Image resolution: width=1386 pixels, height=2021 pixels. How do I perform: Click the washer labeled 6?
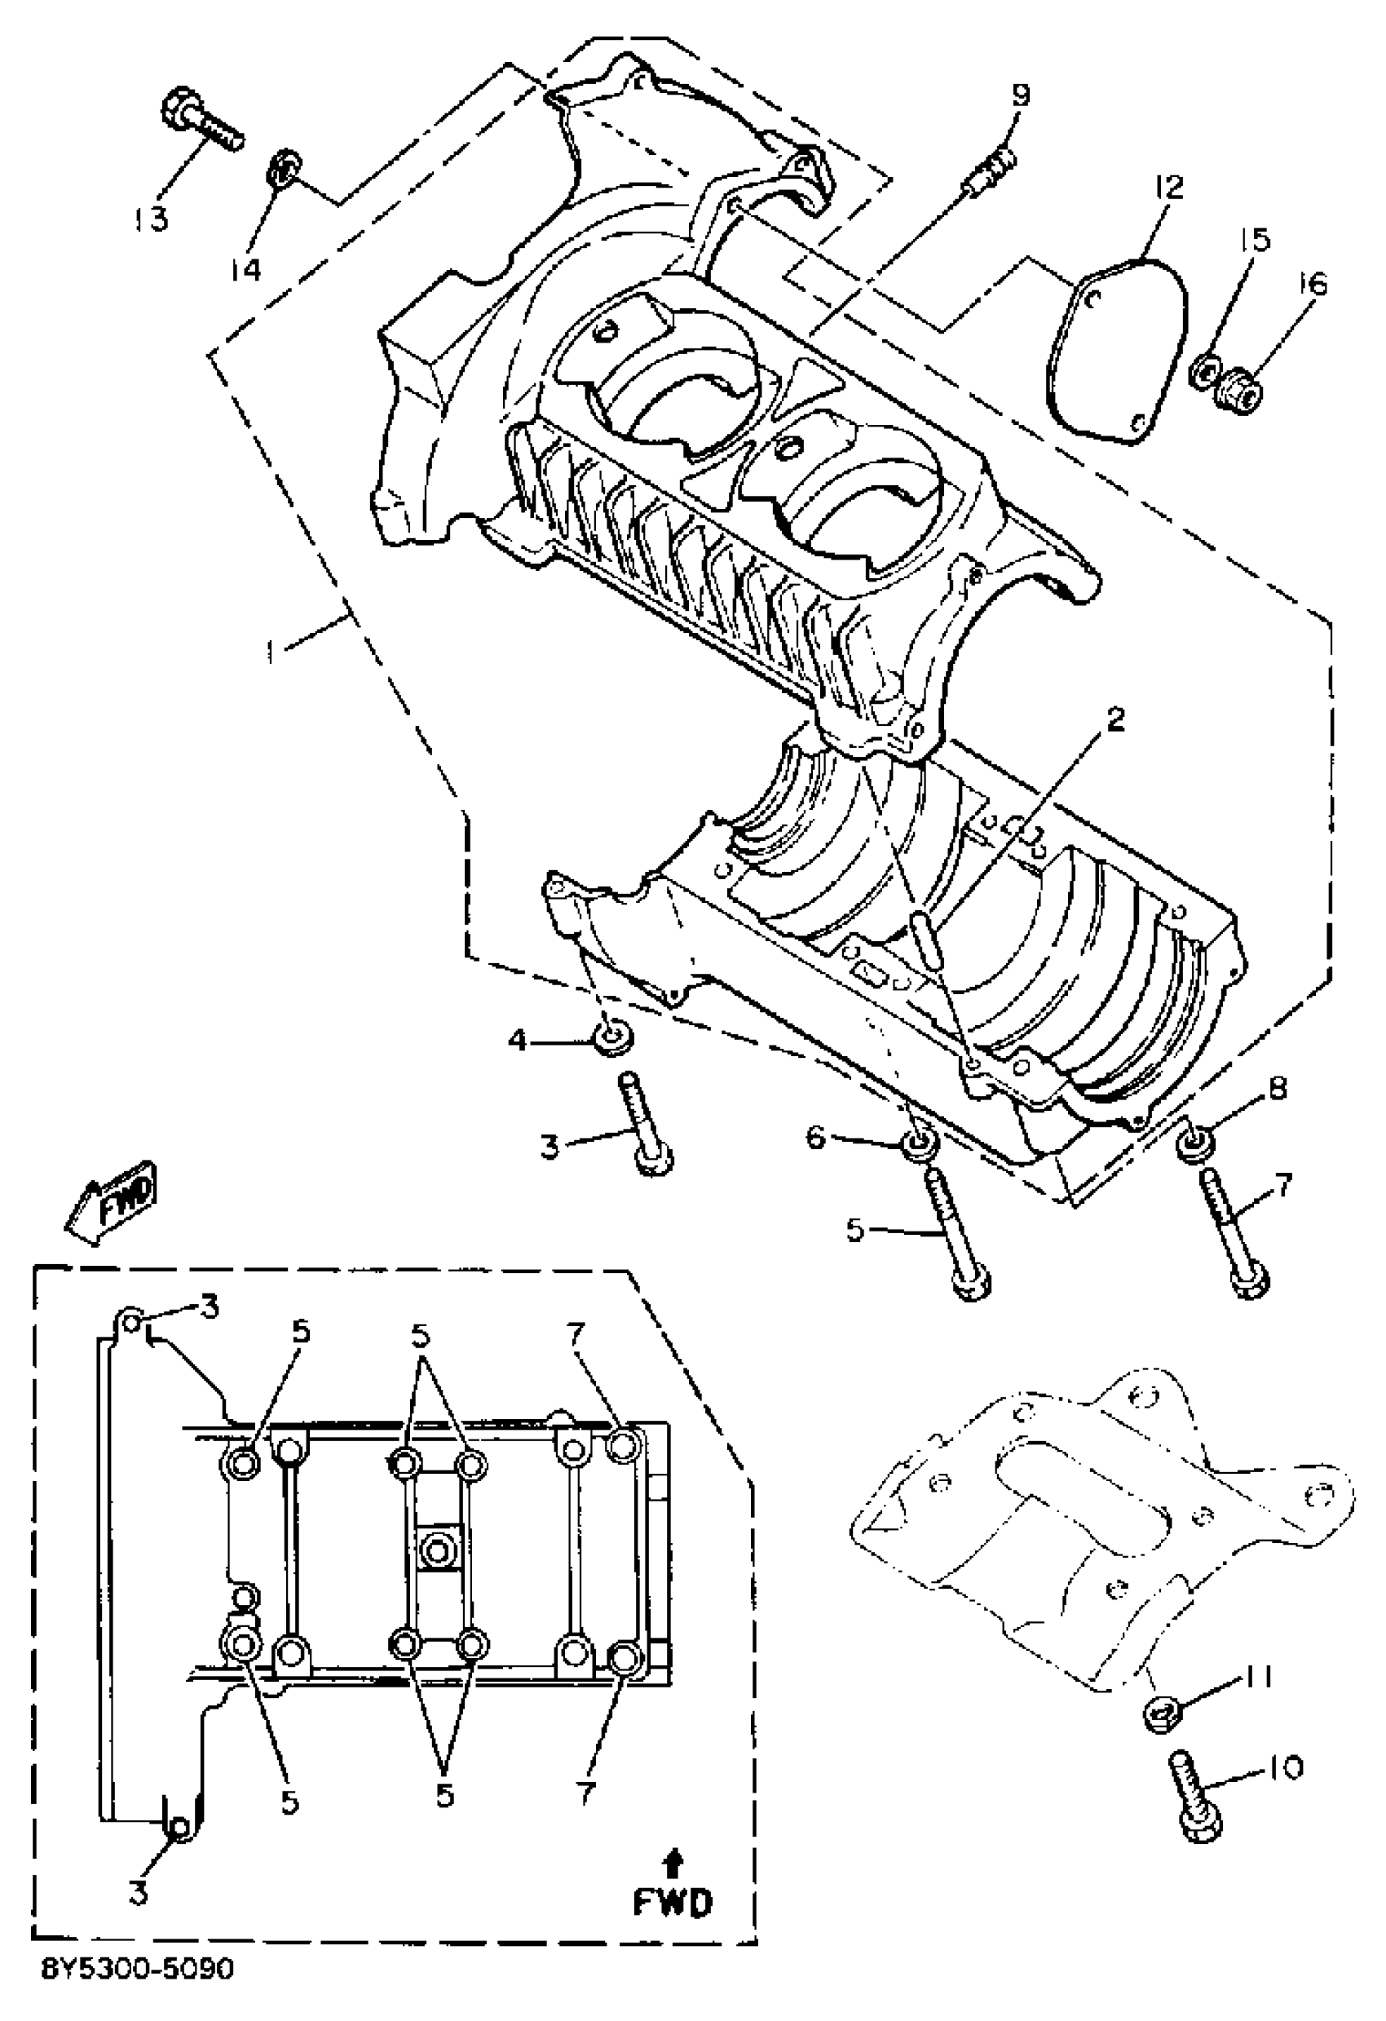(920, 1143)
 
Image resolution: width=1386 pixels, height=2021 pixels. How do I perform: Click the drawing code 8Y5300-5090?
(139, 1992)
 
